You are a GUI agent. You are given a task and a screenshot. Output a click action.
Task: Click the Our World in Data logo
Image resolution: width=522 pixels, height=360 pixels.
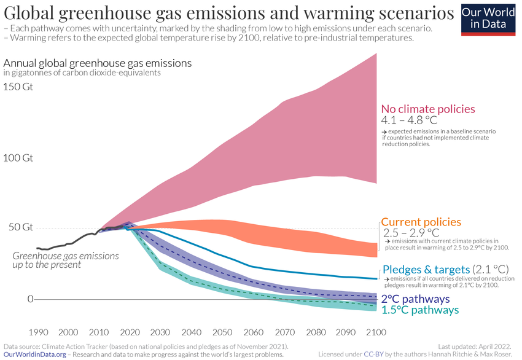coord(488,19)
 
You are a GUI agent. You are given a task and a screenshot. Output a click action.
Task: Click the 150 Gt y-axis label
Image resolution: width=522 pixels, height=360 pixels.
coord(18,87)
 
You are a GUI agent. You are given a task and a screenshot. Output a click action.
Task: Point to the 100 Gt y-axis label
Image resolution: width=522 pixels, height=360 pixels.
coord(18,158)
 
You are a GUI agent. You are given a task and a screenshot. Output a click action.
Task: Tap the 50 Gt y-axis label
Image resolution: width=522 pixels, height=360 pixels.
coord(18,227)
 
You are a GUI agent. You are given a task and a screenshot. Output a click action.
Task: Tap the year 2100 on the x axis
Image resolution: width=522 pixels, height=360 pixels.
coord(375,332)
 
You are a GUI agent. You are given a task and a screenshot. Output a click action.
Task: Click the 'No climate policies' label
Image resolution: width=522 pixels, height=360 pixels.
coord(428,109)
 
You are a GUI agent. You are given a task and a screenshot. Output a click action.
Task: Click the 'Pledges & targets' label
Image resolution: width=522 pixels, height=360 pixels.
coord(426,269)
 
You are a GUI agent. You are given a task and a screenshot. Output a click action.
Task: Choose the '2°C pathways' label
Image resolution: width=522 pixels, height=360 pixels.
coord(416,299)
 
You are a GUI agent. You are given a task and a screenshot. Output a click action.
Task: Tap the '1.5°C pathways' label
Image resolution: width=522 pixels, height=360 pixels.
coord(420,310)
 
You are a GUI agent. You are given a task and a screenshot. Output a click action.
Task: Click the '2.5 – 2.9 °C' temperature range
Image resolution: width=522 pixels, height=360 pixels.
coord(411,233)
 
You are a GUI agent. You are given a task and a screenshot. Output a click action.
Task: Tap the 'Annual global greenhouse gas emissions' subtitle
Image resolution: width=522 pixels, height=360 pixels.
coord(98,63)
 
